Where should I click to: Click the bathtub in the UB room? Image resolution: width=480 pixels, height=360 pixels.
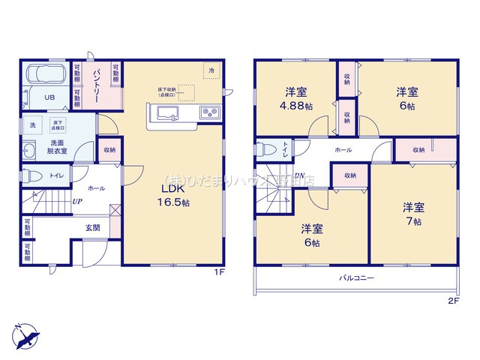coord(46,76)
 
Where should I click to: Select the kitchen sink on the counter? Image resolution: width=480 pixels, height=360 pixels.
coord(167,113)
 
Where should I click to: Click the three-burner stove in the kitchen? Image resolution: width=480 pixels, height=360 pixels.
coord(208,113)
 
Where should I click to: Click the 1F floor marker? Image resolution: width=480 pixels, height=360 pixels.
coord(218,271)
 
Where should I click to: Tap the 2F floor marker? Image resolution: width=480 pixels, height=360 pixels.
coord(452,301)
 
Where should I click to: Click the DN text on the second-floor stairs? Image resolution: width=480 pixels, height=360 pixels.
coord(299,177)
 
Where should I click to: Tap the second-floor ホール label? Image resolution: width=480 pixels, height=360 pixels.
coord(343,150)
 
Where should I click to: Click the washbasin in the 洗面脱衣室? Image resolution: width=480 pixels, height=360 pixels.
coord(30,148)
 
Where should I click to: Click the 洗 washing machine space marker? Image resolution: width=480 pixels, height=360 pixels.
coord(32,124)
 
